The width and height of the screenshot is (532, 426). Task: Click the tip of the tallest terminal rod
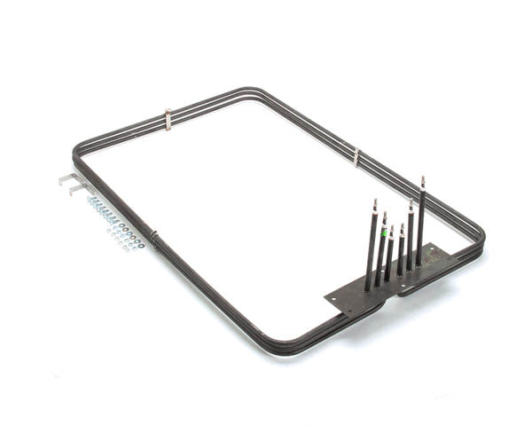(x=423, y=177)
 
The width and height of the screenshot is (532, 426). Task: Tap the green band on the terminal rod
(x=384, y=233)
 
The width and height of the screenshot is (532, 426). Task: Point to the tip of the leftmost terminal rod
(x=374, y=201)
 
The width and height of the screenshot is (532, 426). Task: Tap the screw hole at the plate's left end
(x=336, y=299)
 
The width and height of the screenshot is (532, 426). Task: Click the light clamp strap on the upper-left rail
(x=168, y=117)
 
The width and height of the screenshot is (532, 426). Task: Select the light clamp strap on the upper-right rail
(x=356, y=158)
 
